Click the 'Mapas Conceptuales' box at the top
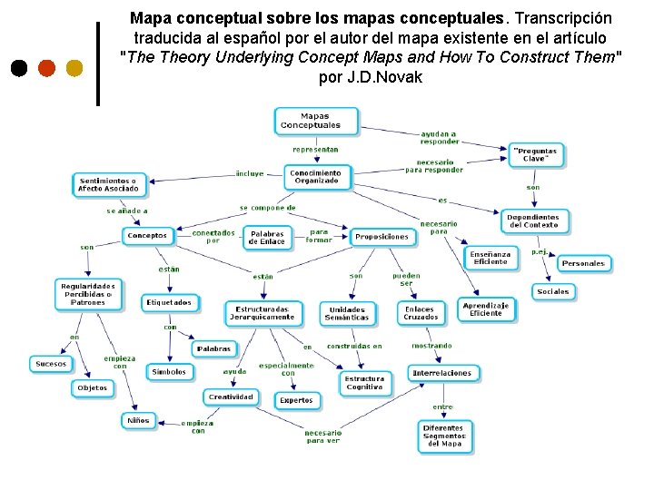click(316, 121)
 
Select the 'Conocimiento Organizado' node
click(316, 177)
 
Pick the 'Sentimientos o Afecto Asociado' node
click(108, 185)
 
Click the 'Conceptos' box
click(147, 236)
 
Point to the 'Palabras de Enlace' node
click(267, 238)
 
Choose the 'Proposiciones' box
click(381, 237)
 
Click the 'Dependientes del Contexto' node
click(534, 220)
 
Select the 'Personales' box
click(582, 263)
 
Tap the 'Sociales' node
click(552, 291)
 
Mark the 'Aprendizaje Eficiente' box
click(486, 309)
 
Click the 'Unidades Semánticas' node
click(347, 314)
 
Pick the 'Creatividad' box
click(231, 397)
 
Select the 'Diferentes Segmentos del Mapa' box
click(444, 436)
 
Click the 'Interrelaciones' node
click(442, 373)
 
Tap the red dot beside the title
click(46, 68)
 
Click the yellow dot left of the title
click(74, 68)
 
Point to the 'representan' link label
click(315, 149)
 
